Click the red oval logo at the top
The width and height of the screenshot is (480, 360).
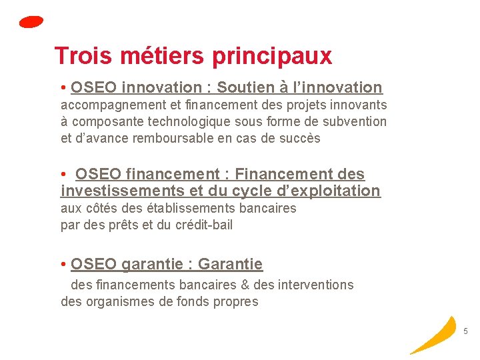pos(31,22)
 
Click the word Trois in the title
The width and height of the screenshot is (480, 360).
pos(79,56)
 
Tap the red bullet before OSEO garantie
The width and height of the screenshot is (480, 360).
pos(63,265)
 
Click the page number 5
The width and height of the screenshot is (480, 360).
pos(465,331)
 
